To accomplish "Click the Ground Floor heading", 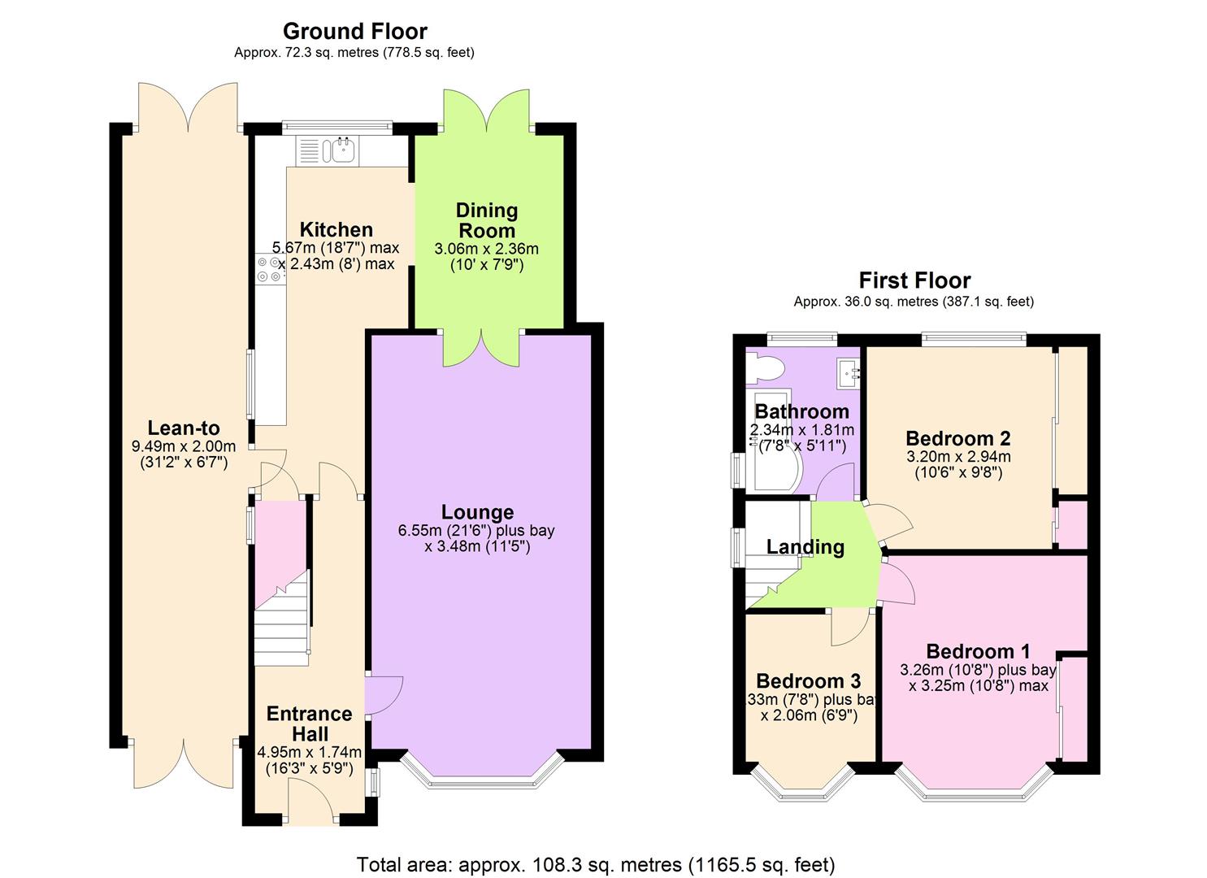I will click(354, 32).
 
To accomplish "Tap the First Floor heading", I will click(914, 280).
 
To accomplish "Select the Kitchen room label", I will click(336, 229).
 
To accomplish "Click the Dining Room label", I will click(487, 220).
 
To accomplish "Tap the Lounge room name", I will click(477, 512).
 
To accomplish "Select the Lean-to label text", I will click(184, 428).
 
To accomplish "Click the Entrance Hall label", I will click(310, 724).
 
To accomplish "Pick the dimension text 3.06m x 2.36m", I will click(487, 249).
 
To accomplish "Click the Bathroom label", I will click(801, 411).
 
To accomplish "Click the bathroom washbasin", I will click(849, 372).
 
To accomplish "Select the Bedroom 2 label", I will click(958, 439).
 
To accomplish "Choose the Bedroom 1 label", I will click(978, 651).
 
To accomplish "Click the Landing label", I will click(805, 547).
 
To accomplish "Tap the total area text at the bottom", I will click(596, 864).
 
